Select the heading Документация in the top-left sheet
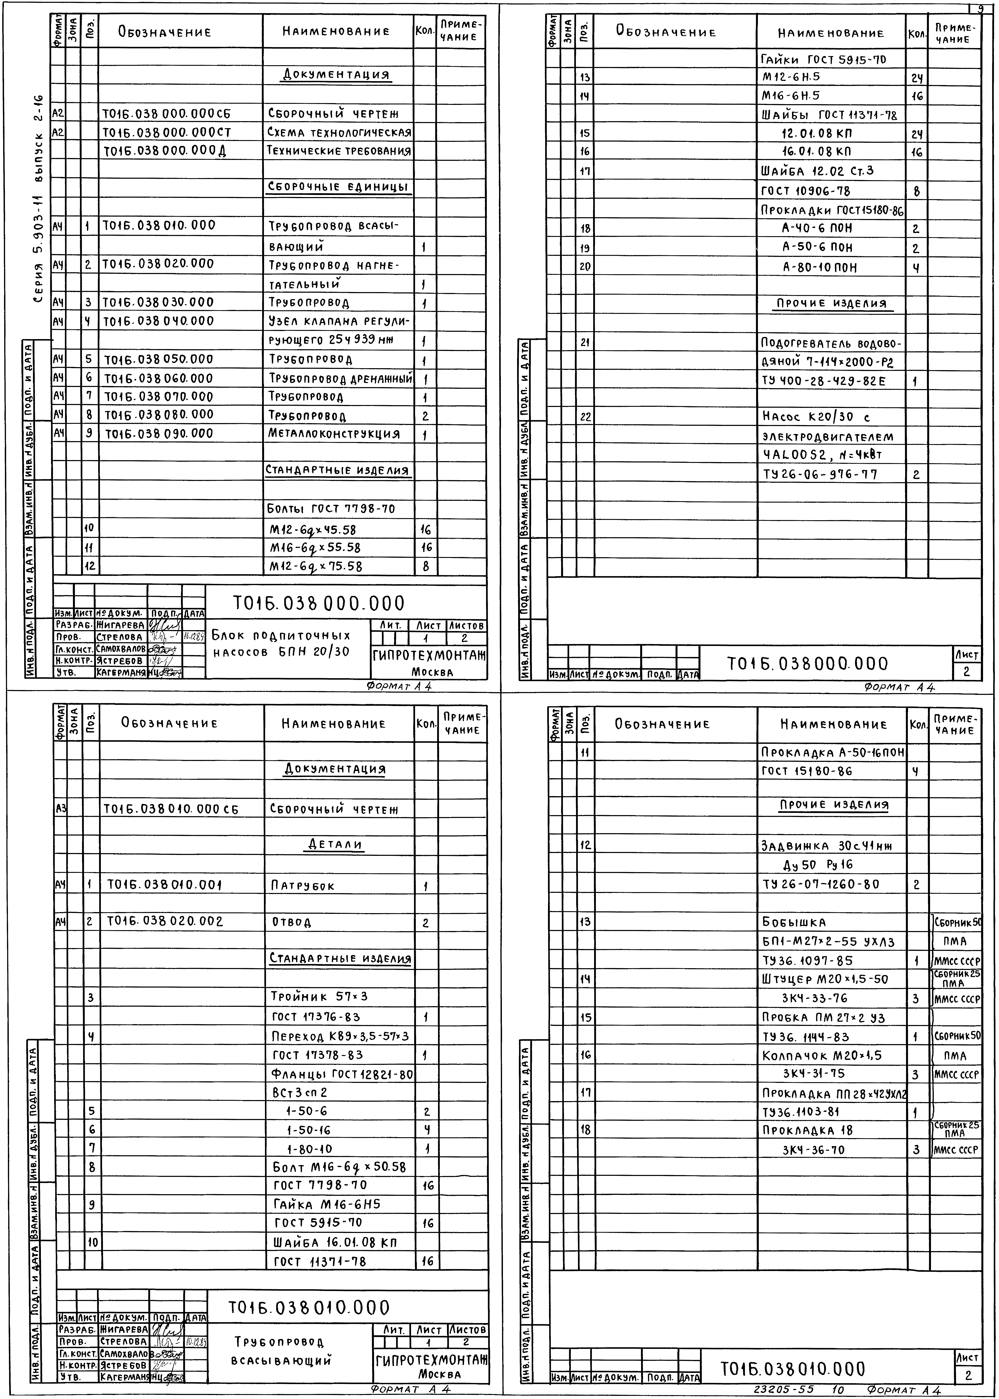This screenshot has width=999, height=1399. pos(336,75)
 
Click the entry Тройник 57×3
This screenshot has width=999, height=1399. pos(319,996)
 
